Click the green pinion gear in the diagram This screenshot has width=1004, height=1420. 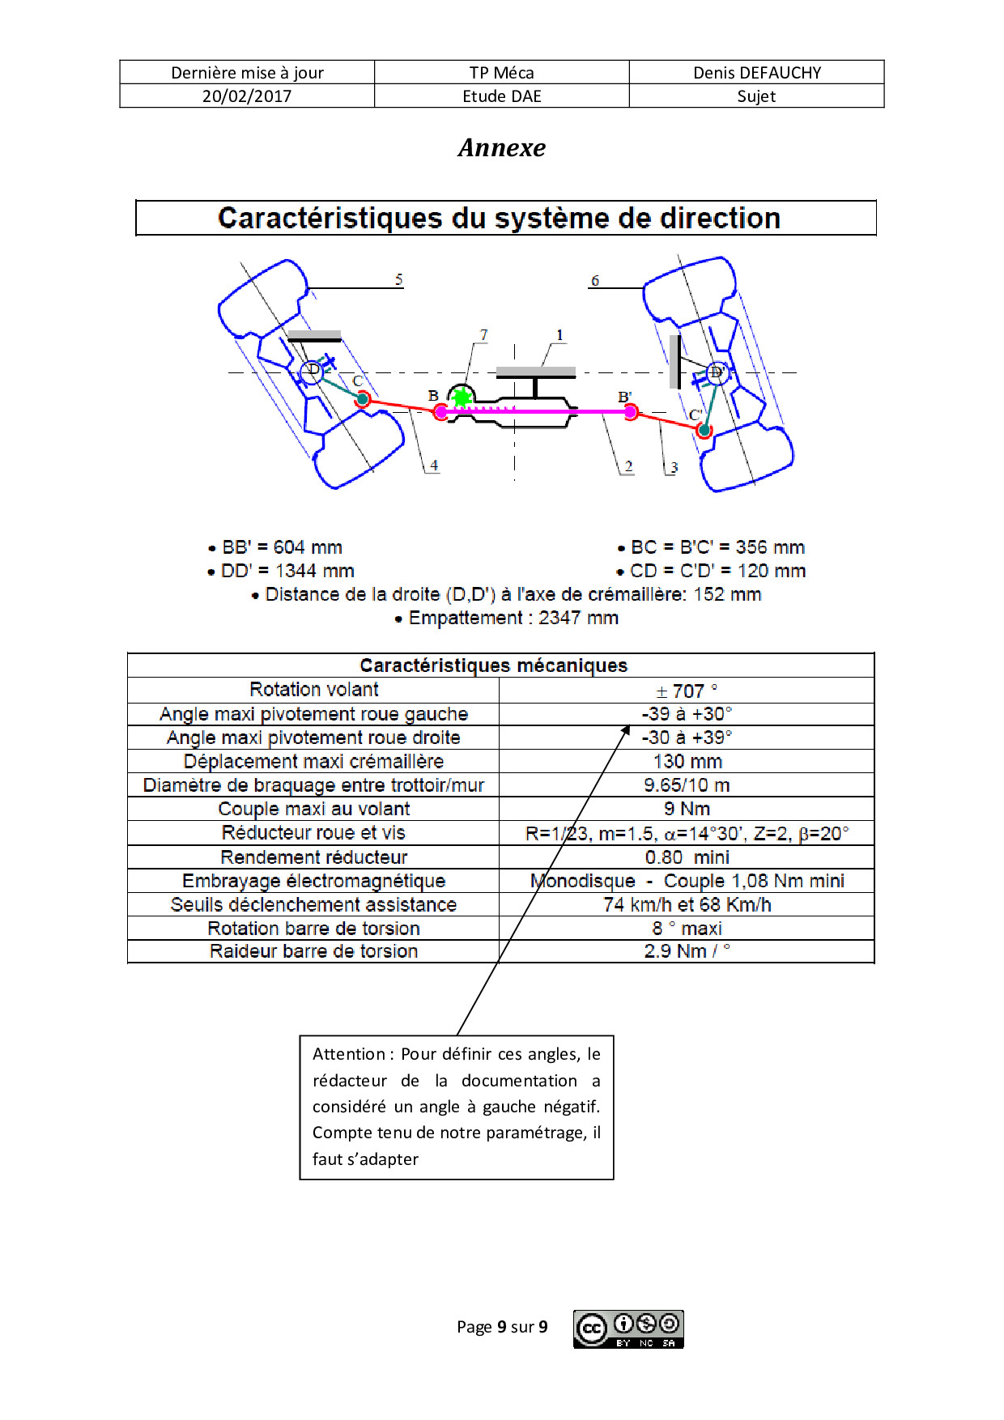462,398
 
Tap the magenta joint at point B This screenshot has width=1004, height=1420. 440,412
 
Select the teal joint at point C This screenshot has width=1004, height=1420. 363,398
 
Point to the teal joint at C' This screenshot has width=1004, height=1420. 704,430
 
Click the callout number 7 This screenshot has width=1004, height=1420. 483,335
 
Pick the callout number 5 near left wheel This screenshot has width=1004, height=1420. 399,279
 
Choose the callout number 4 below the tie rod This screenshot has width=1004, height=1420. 434,466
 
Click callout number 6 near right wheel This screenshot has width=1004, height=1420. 595,281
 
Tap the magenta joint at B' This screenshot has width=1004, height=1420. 631,412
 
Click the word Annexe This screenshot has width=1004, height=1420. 502,147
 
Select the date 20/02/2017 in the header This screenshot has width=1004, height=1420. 247,96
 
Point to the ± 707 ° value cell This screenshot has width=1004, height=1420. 687,691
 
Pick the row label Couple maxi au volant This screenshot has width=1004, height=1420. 314,809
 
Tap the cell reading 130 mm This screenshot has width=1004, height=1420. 687,761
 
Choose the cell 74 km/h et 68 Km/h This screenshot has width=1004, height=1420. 687,904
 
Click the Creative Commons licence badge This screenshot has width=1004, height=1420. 629,1329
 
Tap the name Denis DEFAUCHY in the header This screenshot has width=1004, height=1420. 757,73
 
